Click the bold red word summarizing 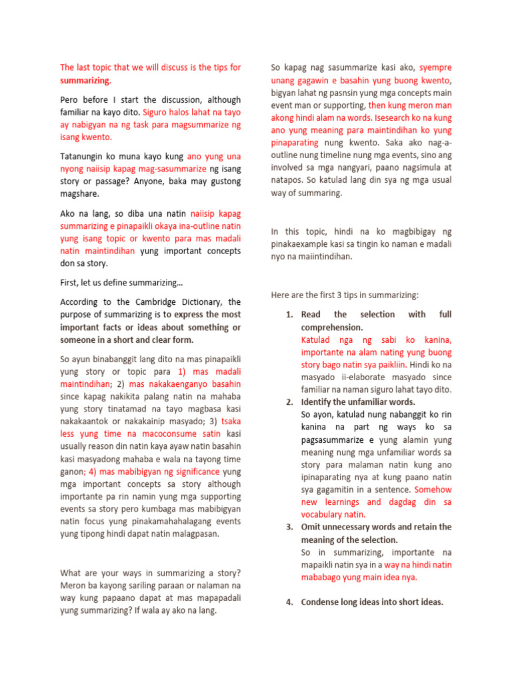coord(84,80)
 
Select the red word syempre coord(435,67)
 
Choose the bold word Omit coord(311,527)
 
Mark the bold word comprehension coord(332,327)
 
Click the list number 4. coord(289,602)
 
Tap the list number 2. coord(289,402)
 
